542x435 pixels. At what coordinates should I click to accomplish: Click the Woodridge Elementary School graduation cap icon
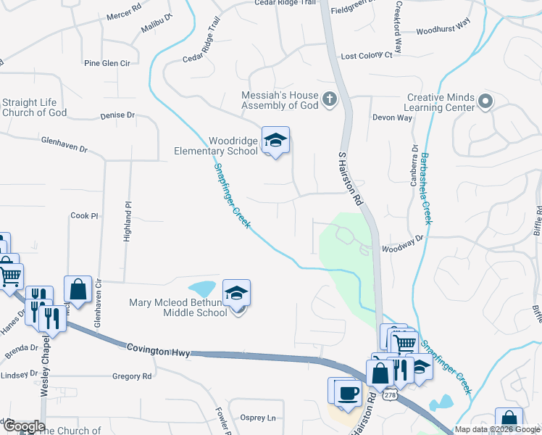pos(275,140)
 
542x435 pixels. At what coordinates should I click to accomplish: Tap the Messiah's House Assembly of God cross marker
pos(329,99)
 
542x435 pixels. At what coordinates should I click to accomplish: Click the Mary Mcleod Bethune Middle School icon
pos(236,293)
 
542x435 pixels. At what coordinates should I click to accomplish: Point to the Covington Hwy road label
pos(159,351)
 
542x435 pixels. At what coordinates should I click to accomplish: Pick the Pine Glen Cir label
pos(107,64)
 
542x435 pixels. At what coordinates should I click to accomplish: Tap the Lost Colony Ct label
pos(366,56)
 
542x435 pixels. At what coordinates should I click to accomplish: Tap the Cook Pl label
pos(84,216)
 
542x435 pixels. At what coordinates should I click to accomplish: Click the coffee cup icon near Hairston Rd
pos(347,394)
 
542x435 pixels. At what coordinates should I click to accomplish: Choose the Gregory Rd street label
pos(132,376)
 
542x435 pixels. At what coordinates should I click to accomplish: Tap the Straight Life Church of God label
pos(35,107)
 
